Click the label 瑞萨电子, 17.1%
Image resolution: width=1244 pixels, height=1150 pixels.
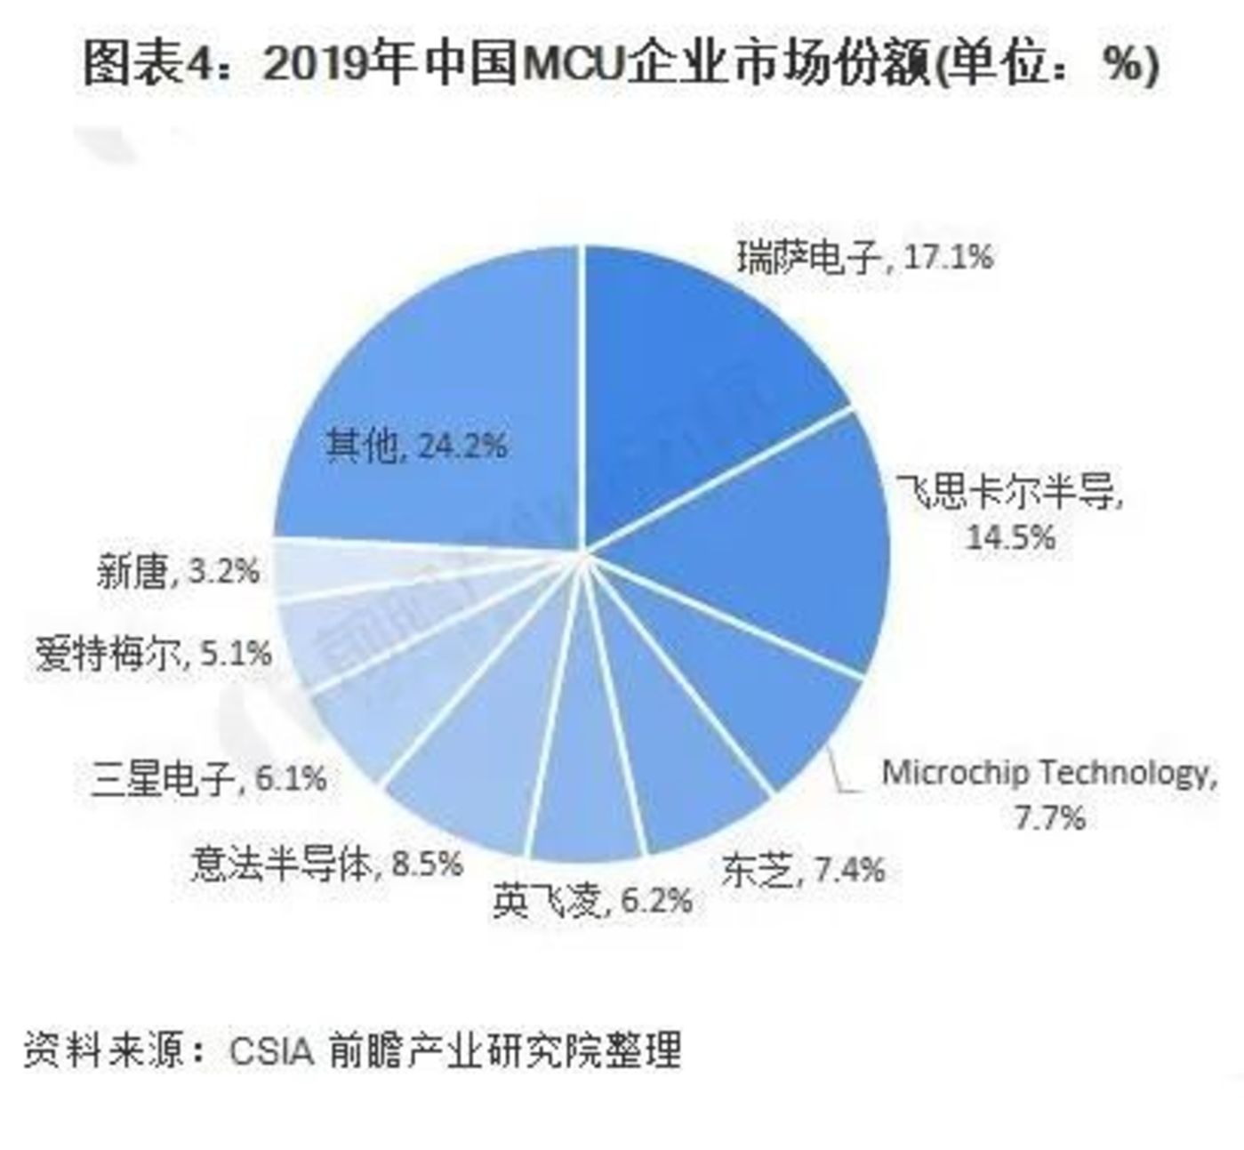click(x=863, y=258)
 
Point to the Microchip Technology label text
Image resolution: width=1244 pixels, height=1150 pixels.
click(x=1047, y=772)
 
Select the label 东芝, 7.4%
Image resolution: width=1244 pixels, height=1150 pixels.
click(x=802, y=870)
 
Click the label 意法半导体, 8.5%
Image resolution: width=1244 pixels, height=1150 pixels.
click(x=326, y=863)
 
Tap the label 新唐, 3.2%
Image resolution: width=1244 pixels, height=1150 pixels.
click(x=178, y=571)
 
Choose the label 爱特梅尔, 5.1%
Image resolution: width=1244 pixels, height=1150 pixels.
click(x=153, y=655)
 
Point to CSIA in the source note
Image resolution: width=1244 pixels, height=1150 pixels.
click(x=271, y=1049)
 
